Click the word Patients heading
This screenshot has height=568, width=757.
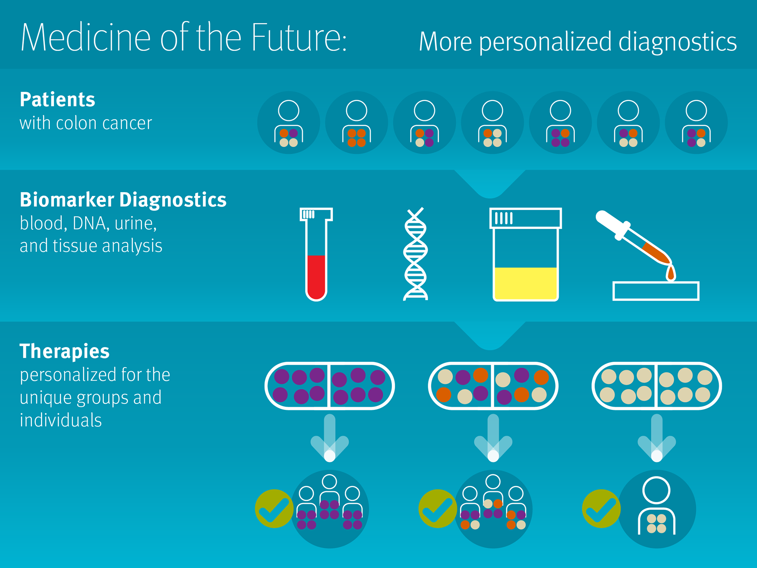(x=58, y=99)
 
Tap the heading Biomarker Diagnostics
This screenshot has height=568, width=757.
(x=123, y=200)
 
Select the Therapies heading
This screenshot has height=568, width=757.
(x=65, y=351)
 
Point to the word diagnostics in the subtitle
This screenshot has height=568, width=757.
(x=677, y=42)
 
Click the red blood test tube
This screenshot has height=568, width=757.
(x=316, y=254)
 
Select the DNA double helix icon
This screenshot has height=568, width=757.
(x=416, y=254)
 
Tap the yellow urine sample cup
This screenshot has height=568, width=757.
(x=526, y=254)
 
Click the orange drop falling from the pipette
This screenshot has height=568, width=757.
(x=671, y=273)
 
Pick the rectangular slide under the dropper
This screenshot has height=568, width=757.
(x=656, y=291)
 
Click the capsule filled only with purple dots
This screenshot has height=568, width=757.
(x=330, y=386)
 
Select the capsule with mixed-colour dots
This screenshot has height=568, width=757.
(x=493, y=386)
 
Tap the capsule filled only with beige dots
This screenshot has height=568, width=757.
(x=657, y=386)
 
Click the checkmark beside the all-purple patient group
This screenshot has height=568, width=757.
(x=274, y=509)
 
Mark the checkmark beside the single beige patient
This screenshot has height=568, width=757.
(x=601, y=509)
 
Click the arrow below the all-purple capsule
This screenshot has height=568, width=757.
(x=330, y=438)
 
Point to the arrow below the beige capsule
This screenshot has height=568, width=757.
(x=657, y=438)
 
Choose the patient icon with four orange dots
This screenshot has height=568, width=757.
(x=356, y=123)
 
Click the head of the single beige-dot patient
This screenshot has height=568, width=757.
(x=656, y=490)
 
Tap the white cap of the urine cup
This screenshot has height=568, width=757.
(x=526, y=218)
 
